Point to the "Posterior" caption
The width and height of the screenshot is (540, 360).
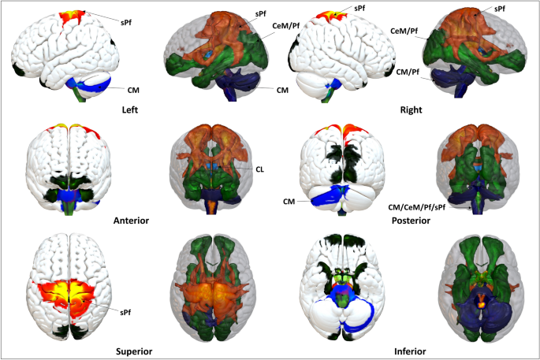(x=410, y=221)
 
